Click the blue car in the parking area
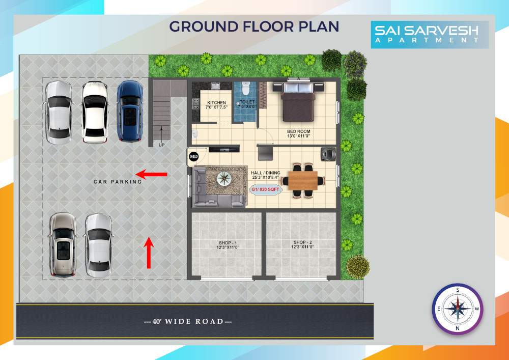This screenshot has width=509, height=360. click(x=130, y=110)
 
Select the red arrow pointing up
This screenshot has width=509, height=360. click(x=149, y=253)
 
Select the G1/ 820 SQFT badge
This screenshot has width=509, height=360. click(x=263, y=189)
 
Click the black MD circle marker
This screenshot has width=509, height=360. click(x=194, y=156)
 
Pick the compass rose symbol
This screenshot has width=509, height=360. click(x=457, y=309)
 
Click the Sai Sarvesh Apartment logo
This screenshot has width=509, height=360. click(x=430, y=34)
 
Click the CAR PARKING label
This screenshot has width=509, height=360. click(x=118, y=182)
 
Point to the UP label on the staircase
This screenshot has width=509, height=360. click(x=162, y=145)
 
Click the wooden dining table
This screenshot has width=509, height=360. click(x=303, y=179)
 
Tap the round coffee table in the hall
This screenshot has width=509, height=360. click(x=223, y=178)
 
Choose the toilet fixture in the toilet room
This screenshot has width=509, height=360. click(x=245, y=90)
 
